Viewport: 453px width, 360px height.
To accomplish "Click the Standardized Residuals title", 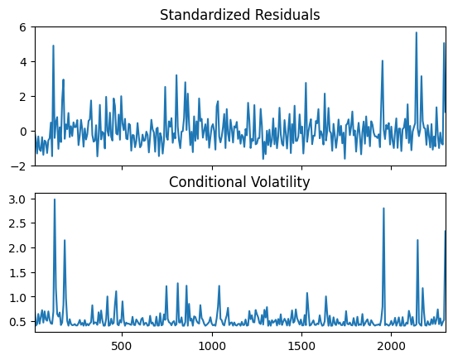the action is click(x=240, y=15).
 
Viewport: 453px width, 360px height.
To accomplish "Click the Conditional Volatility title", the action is click(x=239, y=182).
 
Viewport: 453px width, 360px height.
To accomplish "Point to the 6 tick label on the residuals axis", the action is click(x=22, y=27).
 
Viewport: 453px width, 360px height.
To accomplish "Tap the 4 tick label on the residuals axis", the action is click(x=22, y=62).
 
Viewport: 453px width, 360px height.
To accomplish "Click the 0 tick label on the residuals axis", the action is click(x=22, y=132).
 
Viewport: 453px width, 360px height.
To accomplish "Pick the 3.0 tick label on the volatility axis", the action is click(x=18, y=199).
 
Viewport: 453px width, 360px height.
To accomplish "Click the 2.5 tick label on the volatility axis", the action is click(x=18, y=223).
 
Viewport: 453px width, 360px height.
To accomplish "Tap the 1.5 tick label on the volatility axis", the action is click(x=18, y=272).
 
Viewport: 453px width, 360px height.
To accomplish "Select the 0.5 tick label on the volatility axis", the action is click(x=18, y=321).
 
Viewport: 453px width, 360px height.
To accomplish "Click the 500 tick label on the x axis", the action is click(x=123, y=346).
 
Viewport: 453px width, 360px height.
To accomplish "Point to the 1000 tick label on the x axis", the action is click(x=212, y=346).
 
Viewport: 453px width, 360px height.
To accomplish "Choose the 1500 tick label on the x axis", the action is click(x=301, y=346).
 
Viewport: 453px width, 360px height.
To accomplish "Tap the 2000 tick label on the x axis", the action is click(x=391, y=346).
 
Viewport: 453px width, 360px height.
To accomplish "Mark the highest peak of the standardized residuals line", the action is click(x=417, y=32).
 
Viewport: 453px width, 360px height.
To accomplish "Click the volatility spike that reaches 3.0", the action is click(x=55, y=199).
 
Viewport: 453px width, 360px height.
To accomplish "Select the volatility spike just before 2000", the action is click(x=383, y=209).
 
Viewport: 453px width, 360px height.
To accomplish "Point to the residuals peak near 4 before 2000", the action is click(x=383, y=60).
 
